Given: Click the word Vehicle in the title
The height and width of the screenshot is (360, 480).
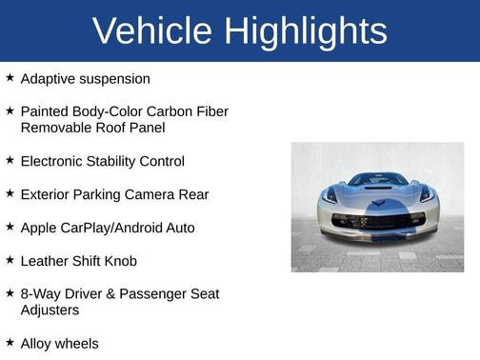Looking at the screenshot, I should coord(152,31).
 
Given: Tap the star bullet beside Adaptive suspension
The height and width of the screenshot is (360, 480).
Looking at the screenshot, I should coord(10,78).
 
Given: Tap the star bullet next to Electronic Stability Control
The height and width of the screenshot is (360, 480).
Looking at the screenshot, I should coord(10,160).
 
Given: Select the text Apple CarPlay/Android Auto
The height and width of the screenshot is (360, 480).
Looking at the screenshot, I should coord(107,228).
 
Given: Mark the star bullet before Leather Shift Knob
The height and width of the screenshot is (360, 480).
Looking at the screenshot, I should coord(10,259).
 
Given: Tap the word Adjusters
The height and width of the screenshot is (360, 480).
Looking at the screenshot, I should coord(50,310).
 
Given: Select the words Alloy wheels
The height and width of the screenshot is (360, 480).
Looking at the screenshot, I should coord(59,343).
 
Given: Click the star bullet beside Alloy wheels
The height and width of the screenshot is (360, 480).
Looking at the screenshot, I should coord(10,342).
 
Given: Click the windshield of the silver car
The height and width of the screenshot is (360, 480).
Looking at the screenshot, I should coord(378,179).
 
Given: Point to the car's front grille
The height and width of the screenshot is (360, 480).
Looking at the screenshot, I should coord(377,221).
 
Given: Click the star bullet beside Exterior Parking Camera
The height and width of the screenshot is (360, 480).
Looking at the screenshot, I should coord(10,193).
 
